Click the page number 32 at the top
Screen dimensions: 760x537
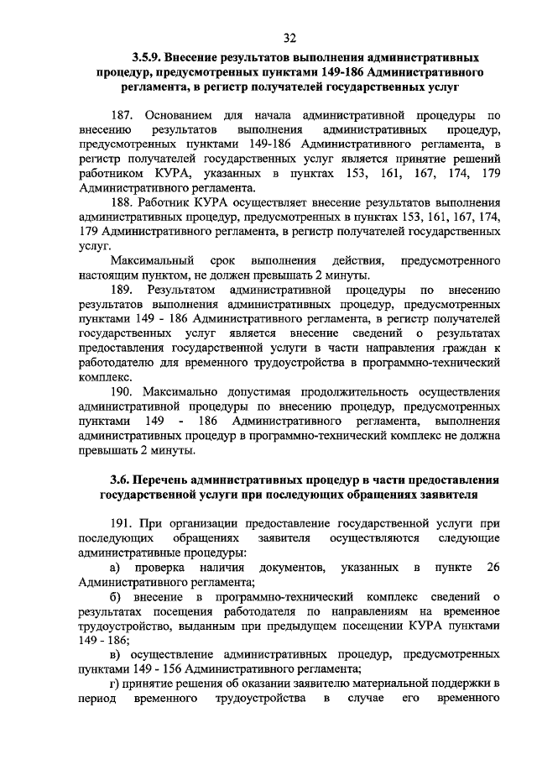click(290, 38)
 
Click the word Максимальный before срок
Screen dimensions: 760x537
click(157, 260)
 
